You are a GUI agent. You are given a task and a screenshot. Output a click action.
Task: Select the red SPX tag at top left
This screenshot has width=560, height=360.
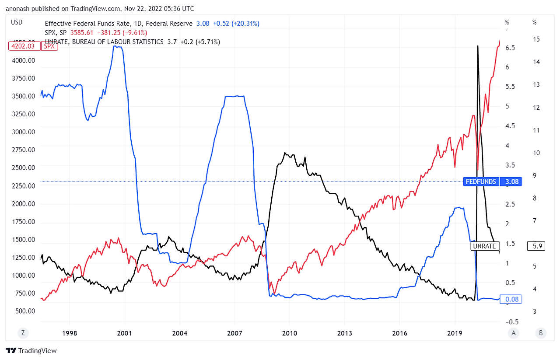click(x=50, y=46)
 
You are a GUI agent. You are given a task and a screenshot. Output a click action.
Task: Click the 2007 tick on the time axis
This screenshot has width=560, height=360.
click(x=235, y=333)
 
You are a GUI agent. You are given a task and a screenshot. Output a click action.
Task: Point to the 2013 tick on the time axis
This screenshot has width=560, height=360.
click(x=345, y=333)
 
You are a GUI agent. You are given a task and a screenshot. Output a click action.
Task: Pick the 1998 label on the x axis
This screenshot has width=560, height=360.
click(x=70, y=333)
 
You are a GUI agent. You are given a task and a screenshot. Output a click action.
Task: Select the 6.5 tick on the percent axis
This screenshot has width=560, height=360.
click(x=510, y=48)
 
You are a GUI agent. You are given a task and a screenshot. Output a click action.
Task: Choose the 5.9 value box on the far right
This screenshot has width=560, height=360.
click(x=538, y=246)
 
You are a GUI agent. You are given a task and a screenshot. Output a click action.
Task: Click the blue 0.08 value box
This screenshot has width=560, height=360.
click(x=512, y=300)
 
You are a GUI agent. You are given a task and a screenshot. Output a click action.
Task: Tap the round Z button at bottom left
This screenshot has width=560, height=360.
click(x=23, y=333)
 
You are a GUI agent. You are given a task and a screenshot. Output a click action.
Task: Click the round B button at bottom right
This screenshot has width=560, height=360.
click(x=541, y=333)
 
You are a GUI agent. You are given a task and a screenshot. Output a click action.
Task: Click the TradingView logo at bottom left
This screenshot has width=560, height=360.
click(x=31, y=351)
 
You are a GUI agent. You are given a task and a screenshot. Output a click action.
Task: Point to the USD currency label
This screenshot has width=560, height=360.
click(x=17, y=22)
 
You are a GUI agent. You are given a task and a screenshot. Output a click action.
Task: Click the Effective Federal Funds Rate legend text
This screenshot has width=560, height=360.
click(x=119, y=24)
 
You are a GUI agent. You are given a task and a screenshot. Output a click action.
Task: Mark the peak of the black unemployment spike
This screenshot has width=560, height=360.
click(x=477, y=45)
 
